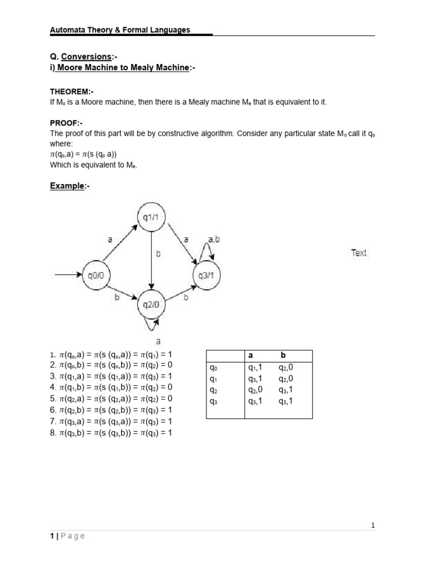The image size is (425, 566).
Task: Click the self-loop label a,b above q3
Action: click(214, 239)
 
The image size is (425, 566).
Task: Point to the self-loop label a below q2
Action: click(158, 342)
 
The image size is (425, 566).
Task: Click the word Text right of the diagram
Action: click(359, 253)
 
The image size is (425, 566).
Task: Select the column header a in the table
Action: click(250, 355)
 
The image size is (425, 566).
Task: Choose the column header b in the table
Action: click(283, 355)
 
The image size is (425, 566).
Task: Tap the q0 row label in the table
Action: click(213, 367)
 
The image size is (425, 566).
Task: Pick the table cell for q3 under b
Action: click(286, 401)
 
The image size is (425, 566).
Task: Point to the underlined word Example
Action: click(67, 186)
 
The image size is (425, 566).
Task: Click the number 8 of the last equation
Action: click(53, 433)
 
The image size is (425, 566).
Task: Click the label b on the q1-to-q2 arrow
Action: click(158, 254)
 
